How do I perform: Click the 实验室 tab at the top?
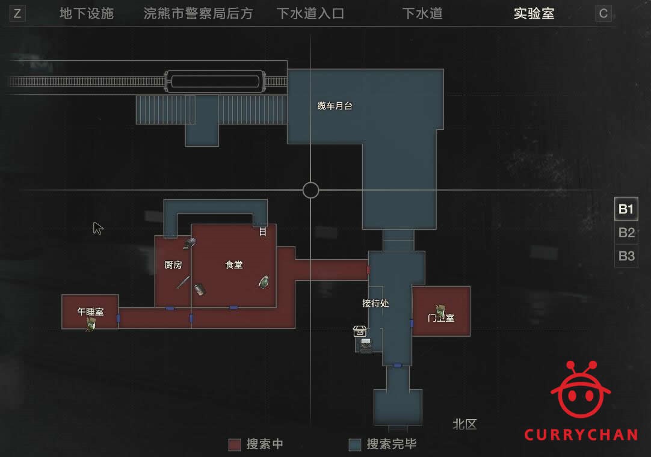534,13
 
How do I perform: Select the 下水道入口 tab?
310,13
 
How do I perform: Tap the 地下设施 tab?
87,13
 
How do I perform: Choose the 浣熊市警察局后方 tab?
198,13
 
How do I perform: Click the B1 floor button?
626,209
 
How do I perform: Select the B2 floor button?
626,233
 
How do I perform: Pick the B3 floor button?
626,256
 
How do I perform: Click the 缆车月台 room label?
335,106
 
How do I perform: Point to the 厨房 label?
173,265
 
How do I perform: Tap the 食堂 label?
233,265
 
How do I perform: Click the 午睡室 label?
90,311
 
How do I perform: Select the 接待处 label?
375,304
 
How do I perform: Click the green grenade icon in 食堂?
264,282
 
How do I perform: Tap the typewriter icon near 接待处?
365,345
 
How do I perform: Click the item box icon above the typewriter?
360,331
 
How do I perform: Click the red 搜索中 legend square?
235,444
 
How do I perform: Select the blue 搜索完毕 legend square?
355,444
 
